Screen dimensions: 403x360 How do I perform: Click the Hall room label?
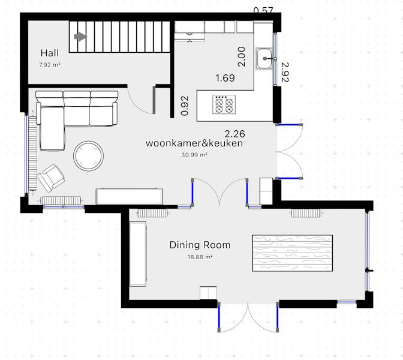(50, 53)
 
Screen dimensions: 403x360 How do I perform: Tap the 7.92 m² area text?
(50, 65)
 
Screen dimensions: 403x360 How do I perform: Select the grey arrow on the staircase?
(81, 37)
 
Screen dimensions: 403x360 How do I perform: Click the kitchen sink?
(264, 58)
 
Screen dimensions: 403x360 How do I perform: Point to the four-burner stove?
(224, 104)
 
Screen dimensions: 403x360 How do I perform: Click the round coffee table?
(88, 156)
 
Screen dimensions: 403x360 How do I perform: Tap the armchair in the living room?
(51, 178)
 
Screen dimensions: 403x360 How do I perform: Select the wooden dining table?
(293, 253)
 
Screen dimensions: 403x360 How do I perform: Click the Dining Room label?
(200, 245)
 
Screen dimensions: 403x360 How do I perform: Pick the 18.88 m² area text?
(200, 257)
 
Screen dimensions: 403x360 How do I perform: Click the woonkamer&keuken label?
(194, 143)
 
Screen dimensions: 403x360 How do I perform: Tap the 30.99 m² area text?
(194, 155)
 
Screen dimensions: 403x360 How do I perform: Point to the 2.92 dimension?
(285, 72)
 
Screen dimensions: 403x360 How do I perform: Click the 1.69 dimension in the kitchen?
(225, 78)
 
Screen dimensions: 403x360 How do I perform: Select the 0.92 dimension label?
(185, 106)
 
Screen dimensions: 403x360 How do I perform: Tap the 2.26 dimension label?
(235, 134)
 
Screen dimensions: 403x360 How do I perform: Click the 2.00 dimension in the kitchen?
(242, 57)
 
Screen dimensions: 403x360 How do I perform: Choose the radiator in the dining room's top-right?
(307, 213)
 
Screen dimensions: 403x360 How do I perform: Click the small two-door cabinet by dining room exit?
(209, 293)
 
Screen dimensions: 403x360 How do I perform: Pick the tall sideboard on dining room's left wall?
(138, 254)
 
